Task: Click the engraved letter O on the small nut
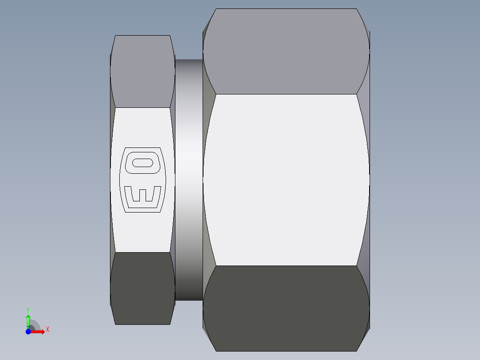point(142,162)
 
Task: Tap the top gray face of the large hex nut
point(286,51)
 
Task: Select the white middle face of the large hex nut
point(286,180)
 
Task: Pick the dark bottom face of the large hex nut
point(286,308)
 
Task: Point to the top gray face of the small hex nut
point(142,71)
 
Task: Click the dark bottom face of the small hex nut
point(142,288)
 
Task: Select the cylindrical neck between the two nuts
point(189,180)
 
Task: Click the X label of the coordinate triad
point(47,330)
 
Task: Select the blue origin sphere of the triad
point(28,331)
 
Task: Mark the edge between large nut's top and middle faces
point(286,94)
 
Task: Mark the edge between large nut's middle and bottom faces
point(286,266)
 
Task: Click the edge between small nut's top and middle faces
point(142,107)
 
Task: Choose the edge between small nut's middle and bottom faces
point(142,252)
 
